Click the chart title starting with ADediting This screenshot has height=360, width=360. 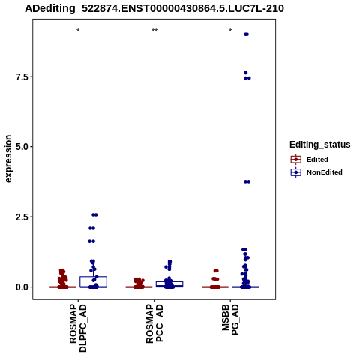[x=154, y=8]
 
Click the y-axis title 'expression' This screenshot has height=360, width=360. [x=8, y=159]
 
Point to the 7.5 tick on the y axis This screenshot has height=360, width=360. [x=22, y=76]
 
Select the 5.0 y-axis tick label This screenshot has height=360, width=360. [x=22, y=147]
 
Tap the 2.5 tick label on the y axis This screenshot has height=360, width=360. [x=22, y=217]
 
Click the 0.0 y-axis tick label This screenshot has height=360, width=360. [x=22, y=287]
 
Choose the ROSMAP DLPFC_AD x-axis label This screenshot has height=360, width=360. [x=78, y=328]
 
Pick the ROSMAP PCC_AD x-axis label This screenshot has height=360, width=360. [x=154, y=323]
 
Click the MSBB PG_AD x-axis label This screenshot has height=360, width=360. [x=230, y=319]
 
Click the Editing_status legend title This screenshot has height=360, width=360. [x=320, y=145]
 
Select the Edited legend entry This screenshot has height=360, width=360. [x=310, y=160]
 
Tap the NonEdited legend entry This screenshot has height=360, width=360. [x=316, y=172]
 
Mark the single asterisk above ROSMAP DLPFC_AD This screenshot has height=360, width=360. [x=78, y=31]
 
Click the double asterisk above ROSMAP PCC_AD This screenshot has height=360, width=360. [x=154, y=31]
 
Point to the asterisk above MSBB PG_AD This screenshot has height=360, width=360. [x=230, y=31]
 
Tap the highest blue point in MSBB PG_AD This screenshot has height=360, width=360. [x=246, y=34]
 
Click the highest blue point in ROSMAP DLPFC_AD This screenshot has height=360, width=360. [x=94, y=214]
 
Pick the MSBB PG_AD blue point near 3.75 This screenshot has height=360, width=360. [x=247, y=181]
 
